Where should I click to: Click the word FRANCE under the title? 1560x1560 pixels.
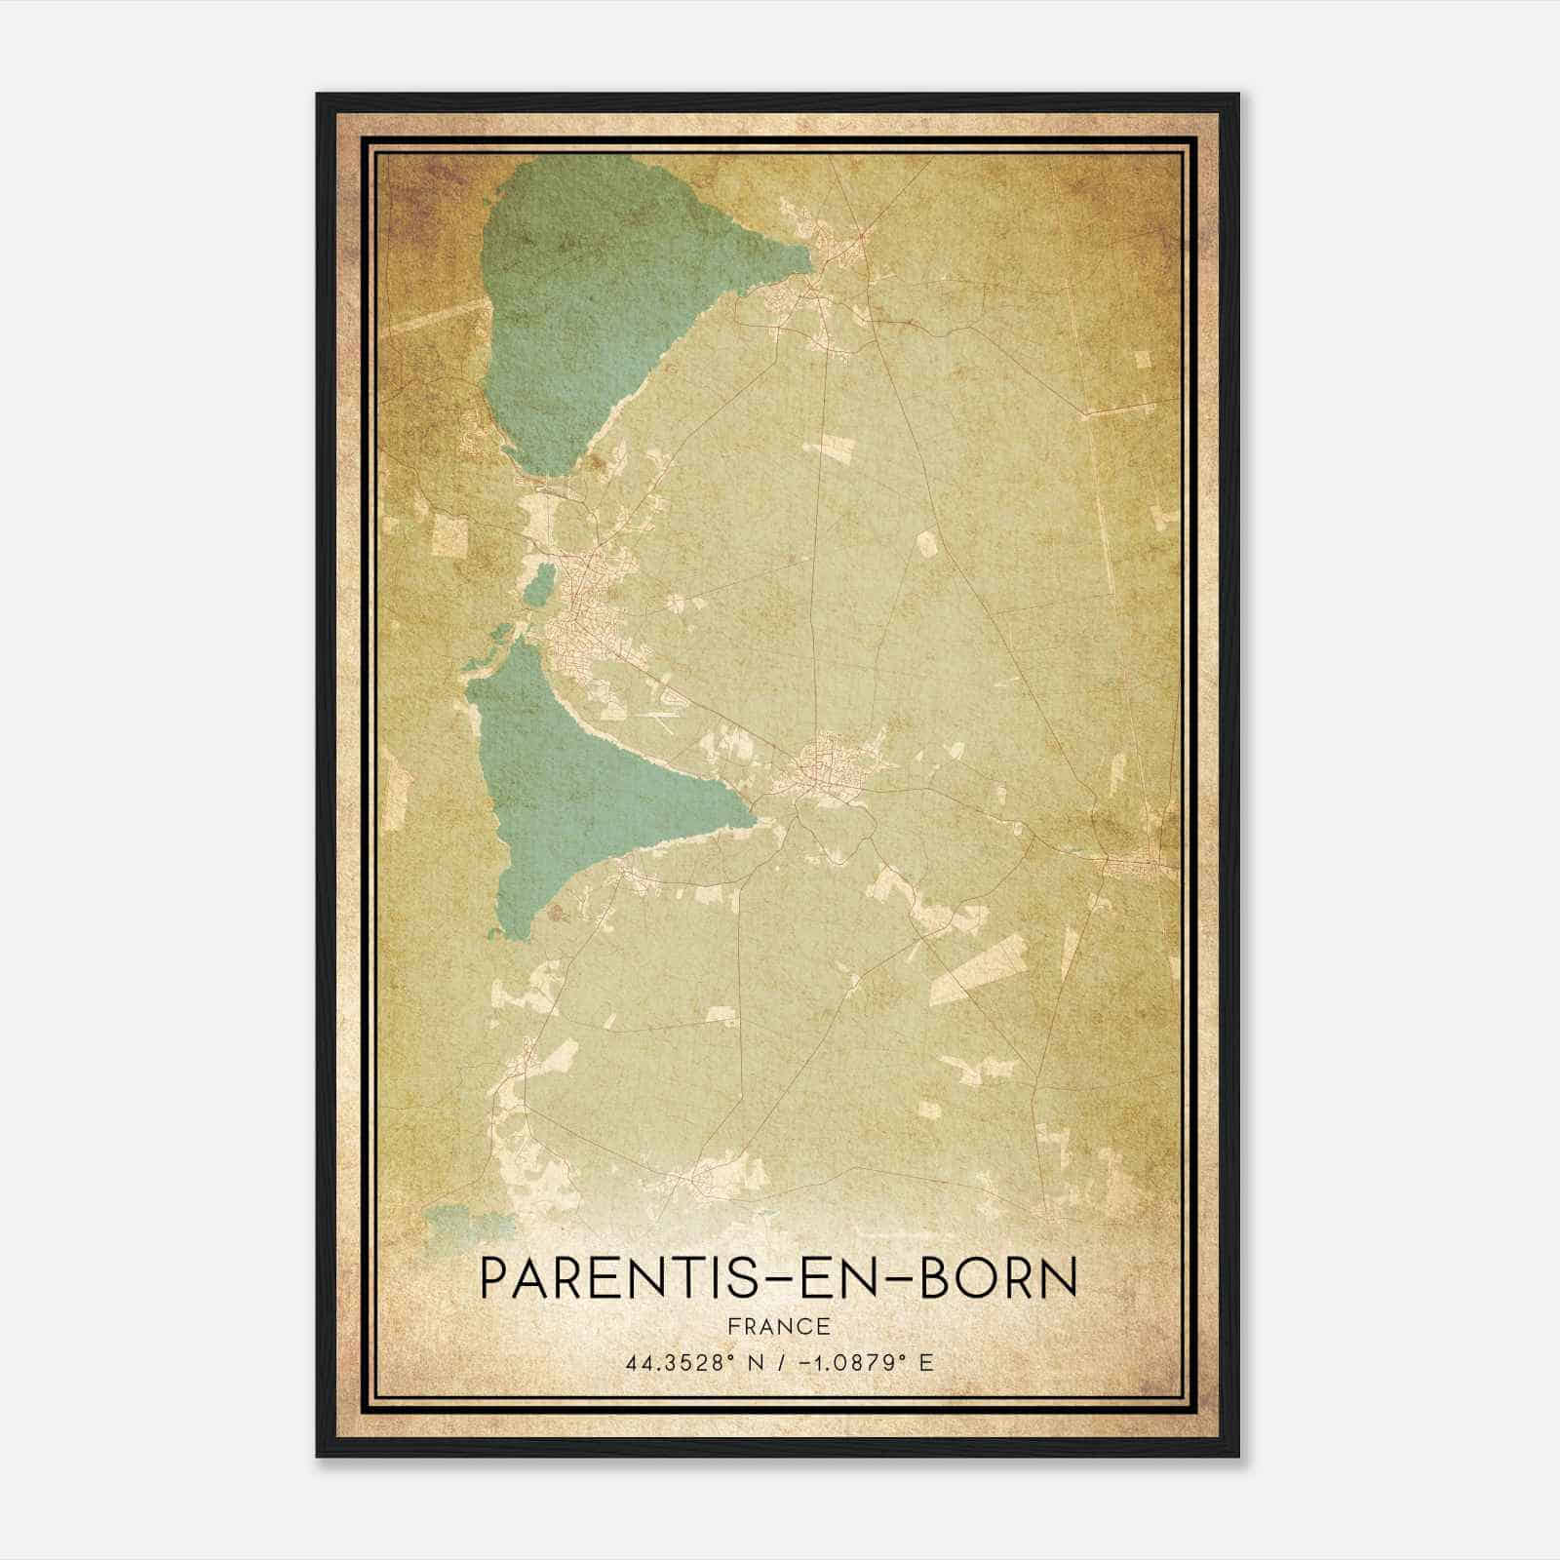coord(779,1326)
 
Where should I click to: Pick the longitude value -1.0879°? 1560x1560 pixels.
coord(848,1362)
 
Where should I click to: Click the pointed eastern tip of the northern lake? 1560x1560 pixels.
coord(809,258)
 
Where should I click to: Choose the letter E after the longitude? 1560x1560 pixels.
coord(925,1362)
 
